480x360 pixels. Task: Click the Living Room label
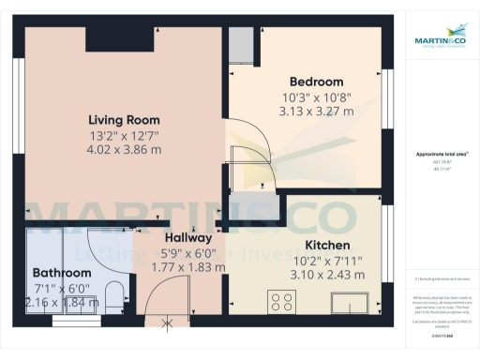(124, 120)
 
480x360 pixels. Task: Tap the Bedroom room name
(316, 82)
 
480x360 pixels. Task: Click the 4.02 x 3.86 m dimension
(124, 148)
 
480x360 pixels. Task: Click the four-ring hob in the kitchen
(281, 302)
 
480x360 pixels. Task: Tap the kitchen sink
(352, 302)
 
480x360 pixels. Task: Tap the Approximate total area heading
(441, 154)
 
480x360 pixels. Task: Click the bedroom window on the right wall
(383, 98)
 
